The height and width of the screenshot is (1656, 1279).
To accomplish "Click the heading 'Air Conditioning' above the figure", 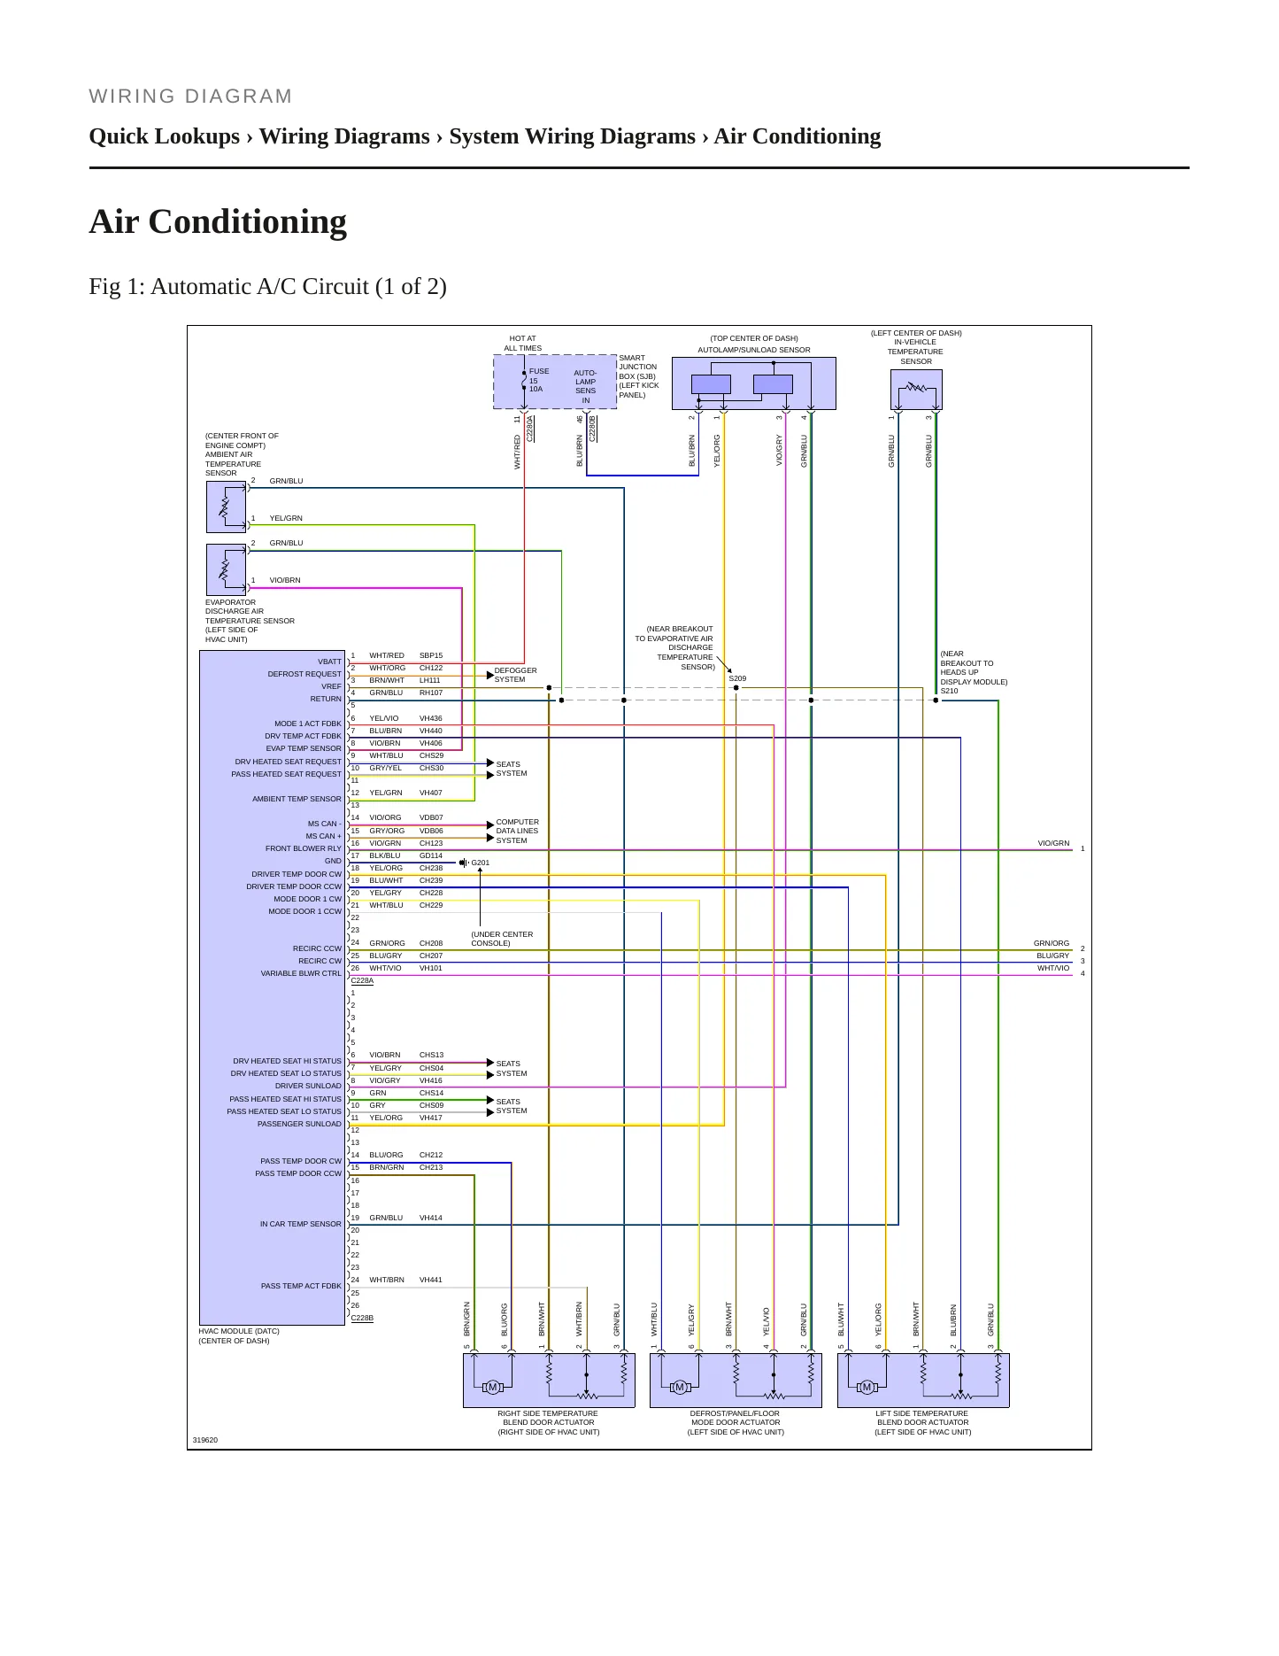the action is tap(218, 221).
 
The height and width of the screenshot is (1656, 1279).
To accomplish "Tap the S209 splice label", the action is tap(737, 678).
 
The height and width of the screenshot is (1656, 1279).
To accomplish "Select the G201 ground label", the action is tap(480, 863).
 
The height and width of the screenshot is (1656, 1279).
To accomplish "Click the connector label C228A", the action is tap(362, 981).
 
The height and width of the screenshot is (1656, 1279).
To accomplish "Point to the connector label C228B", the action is tap(362, 1318).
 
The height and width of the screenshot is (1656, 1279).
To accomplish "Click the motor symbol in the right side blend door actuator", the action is tap(493, 1387).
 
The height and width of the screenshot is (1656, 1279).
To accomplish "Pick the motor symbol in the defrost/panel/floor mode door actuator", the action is tap(680, 1387).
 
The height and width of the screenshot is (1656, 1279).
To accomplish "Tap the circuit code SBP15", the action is tap(431, 655).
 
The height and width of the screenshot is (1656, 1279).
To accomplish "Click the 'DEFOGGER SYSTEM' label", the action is tap(515, 675).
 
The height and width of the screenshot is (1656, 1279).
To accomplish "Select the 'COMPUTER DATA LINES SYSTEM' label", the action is tap(517, 831).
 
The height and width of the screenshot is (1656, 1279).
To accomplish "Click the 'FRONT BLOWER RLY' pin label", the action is tap(303, 848).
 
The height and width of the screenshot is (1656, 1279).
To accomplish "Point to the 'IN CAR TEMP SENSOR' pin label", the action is tap(300, 1224).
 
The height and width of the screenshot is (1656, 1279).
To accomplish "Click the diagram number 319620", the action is tap(204, 1440).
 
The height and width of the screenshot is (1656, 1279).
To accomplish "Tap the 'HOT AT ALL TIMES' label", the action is tap(522, 343).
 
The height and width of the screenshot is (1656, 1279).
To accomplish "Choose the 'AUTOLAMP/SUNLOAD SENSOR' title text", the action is tap(753, 350).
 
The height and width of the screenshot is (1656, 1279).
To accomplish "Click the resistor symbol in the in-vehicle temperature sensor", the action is tap(915, 388).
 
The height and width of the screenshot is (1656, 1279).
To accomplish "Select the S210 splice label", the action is tap(949, 691).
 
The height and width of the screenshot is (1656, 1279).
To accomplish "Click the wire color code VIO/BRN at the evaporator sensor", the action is tap(285, 580).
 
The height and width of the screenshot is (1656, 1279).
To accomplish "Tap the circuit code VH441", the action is tap(430, 1280).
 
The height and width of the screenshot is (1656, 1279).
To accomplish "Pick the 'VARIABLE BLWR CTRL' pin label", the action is tap(300, 973).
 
